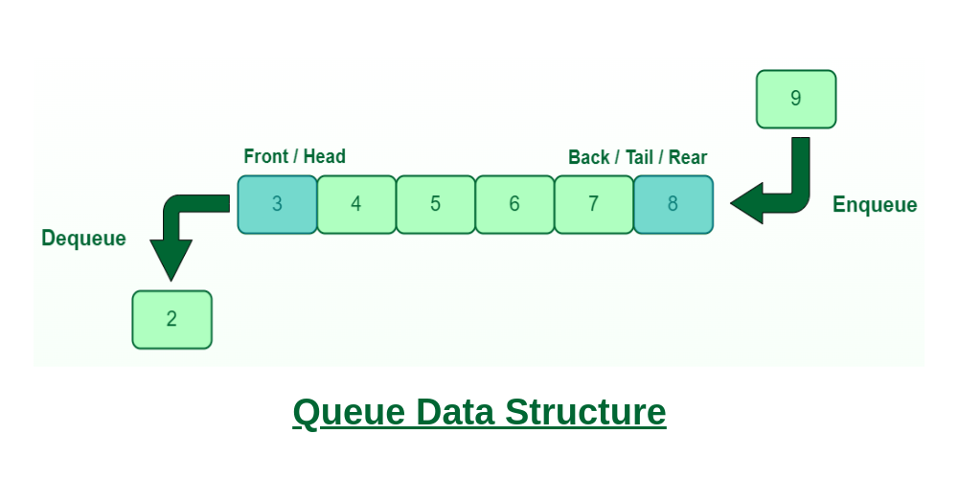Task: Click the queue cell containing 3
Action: click(277, 204)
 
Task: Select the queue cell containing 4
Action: click(356, 204)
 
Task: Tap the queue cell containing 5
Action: click(436, 204)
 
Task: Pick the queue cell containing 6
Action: click(514, 204)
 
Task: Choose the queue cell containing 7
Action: click(594, 204)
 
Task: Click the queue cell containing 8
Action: click(673, 204)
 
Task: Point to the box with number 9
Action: click(796, 99)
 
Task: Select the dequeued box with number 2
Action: click(171, 319)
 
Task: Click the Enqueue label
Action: click(875, 205)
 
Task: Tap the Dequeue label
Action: click(83, 239)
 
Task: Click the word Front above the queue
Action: click(266, 156)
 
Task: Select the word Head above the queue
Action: click(325, 156)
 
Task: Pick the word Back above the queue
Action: click(589, 157)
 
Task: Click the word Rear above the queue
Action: click(688, 157)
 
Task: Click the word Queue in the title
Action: click(349, 413)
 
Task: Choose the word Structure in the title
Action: click(585, 413)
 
